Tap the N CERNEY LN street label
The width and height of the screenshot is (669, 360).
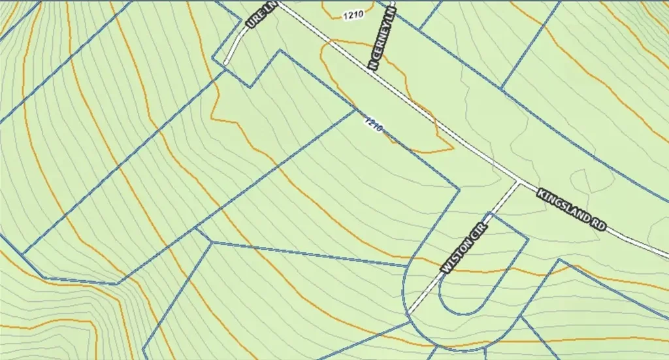pos(383,39)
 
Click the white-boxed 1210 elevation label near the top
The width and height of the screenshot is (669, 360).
pos(351,15)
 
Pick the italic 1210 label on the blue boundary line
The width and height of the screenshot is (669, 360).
pos(373,123)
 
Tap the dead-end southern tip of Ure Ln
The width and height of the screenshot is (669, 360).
pos(226,63)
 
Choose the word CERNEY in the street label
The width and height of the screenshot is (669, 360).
pos(381,42)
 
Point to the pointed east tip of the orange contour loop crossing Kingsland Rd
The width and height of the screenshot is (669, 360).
pos(453,148)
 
